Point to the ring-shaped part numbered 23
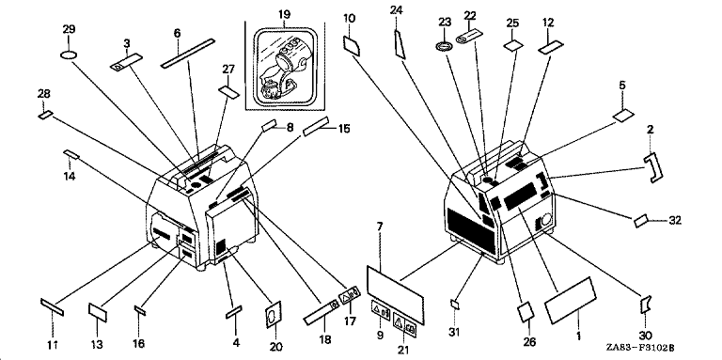pos(445,47)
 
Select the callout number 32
pos(675,221)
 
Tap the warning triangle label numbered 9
pos(381,312)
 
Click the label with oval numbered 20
pos(274,315)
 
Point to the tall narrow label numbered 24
pos(400,44)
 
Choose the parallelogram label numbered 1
pos(570,301)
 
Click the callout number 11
pos(53,344)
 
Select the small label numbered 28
pos(46,115)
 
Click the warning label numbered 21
pos(405,326)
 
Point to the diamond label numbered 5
pos(624,116)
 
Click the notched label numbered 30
pos(646,305)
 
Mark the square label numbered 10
pos(352,46)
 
